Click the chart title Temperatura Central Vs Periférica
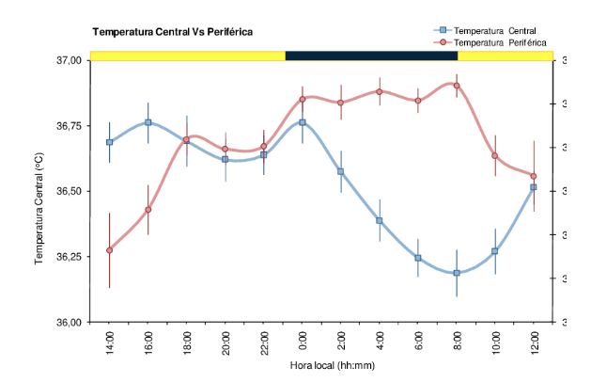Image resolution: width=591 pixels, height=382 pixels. (172, 32)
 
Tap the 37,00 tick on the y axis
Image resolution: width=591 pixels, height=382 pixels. (70, 60)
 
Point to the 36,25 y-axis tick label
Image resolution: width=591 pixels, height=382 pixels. (70, 257)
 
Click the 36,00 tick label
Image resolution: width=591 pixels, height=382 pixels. (70, 323)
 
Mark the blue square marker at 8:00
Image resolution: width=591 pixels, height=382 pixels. (457, 273)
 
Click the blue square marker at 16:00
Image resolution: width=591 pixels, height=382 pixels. (148, 122)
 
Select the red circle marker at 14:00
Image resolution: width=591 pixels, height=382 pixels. (110, 250)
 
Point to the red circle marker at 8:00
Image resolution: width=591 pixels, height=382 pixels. (457, 86)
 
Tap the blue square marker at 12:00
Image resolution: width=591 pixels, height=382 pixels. (534, 187)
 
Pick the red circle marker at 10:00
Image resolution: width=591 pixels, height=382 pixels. (495, 155)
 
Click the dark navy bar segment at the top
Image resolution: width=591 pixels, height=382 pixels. (371, 56)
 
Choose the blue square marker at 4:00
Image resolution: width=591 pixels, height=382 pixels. (380, 220)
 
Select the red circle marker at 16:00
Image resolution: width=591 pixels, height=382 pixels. (148, 210)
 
